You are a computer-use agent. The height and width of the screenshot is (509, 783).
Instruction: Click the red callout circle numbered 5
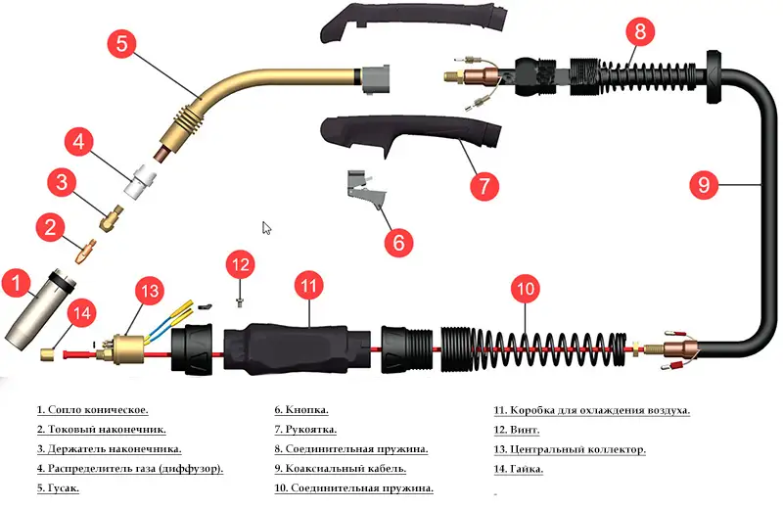[119, 43]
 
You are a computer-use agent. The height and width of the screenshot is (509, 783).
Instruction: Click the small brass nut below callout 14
[45, 351]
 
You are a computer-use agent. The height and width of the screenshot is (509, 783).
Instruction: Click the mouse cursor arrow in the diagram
[266, 228]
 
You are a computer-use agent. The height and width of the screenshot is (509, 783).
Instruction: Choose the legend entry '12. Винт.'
[518, 430]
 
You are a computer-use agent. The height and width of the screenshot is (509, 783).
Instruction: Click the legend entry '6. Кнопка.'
[301, 410]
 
